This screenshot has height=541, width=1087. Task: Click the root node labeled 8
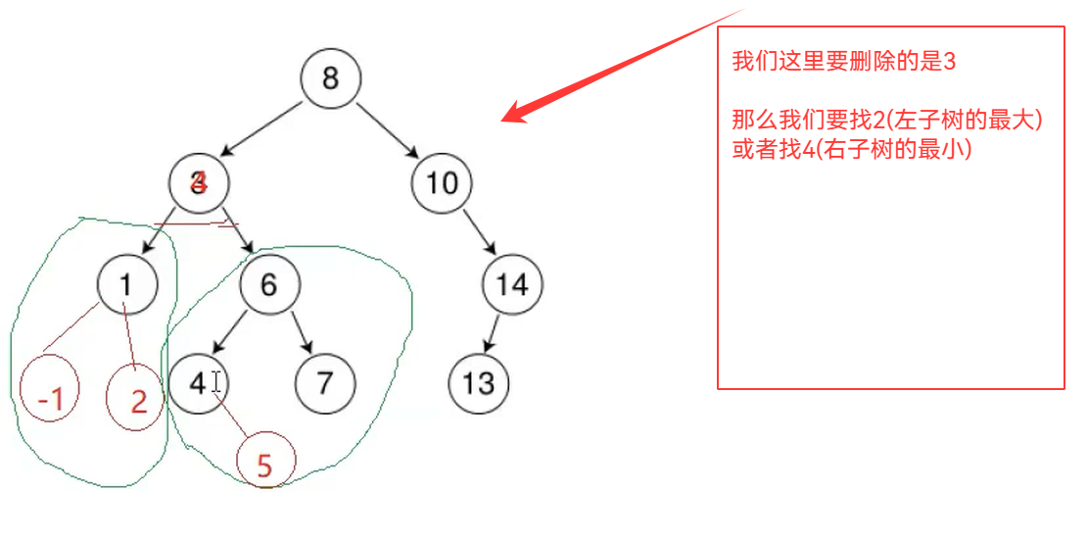pos(330,77)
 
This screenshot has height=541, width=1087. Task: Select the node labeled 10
pos(442,183)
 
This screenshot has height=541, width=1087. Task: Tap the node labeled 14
pos(512,284)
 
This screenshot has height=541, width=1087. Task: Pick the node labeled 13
pos(479,382)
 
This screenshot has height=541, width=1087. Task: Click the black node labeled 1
pos(127,284)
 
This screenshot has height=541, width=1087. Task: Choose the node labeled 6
pos(269,284)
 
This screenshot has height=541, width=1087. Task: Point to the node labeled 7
pos(324,382)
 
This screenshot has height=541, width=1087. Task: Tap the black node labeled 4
pos(199,382)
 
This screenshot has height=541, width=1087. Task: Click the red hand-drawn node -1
pos(50,397)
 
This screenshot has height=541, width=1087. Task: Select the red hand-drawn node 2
pos(138,399)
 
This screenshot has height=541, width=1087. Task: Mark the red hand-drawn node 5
pos(264,465)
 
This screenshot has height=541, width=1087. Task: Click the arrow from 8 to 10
pos(387,128)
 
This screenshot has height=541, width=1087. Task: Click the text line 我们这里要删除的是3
pos(843,62)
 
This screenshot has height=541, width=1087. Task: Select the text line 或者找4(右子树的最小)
pos(851,152)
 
